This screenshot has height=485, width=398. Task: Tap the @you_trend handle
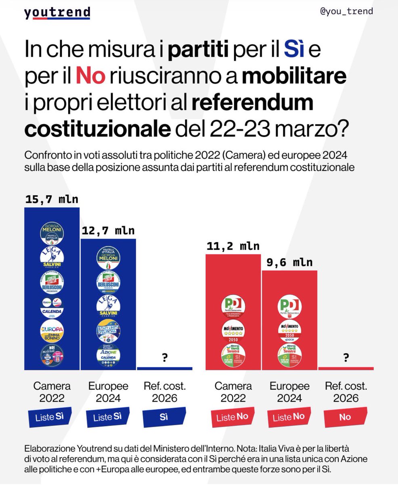pos(346,11)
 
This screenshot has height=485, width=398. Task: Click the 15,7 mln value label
pos(52,199)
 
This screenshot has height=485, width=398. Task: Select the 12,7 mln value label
pos(108,231)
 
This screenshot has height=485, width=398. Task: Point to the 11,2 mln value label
pos(233,246)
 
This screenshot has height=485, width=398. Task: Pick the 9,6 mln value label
pos(289,262)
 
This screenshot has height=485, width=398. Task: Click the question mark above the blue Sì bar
pos(164,358)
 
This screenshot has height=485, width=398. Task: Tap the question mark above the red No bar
pos(346,358)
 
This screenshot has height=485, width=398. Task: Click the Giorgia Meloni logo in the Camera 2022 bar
pos(52,233)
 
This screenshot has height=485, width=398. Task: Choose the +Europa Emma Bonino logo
pos(52,331)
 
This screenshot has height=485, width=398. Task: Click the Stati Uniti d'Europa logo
pos(108,331)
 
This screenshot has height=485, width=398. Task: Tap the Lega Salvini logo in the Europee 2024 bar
pos(108,306)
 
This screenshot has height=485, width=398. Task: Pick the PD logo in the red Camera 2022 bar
pos(233,307)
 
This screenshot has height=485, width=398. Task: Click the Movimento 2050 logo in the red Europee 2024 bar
pos(289,331)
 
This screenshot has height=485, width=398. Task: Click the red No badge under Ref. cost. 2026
pos(346,417)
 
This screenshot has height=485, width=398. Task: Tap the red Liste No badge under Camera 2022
pos(233,417)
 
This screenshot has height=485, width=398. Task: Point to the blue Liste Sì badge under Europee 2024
pos(108,417)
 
